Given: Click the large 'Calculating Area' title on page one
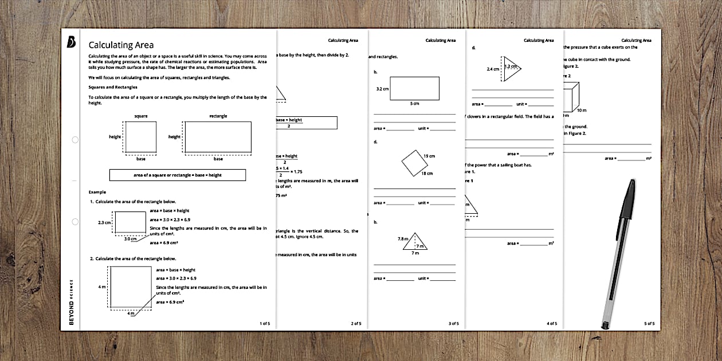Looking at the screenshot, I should (x=121, y=45).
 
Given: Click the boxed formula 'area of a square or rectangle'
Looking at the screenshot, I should (x=177, y=175).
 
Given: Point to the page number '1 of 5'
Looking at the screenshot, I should (x=264, y=324).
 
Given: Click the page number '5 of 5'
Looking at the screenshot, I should (x=649, y=324).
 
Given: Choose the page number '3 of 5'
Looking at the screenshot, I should (x=453, y=324).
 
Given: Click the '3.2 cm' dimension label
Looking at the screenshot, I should (x=382, y=89).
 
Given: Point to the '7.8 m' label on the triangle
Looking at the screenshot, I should (x=402, y=238).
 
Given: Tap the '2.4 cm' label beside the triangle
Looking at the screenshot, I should (x=493, y=69).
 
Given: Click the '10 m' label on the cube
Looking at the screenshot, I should (x=582, y=110).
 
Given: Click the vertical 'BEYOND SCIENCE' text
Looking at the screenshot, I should (x=71, y=302).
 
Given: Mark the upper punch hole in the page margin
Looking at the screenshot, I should (x=75, y=140).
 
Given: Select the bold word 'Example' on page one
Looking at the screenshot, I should (x=97, y=191).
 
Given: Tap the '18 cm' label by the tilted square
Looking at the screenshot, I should (x=427, y=173).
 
